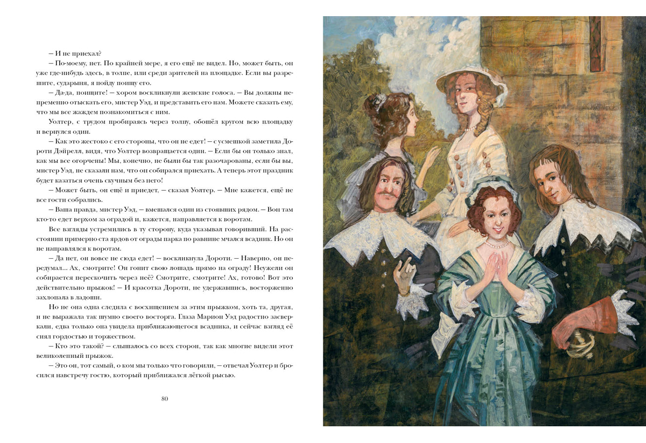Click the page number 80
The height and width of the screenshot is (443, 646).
(165, 399)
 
